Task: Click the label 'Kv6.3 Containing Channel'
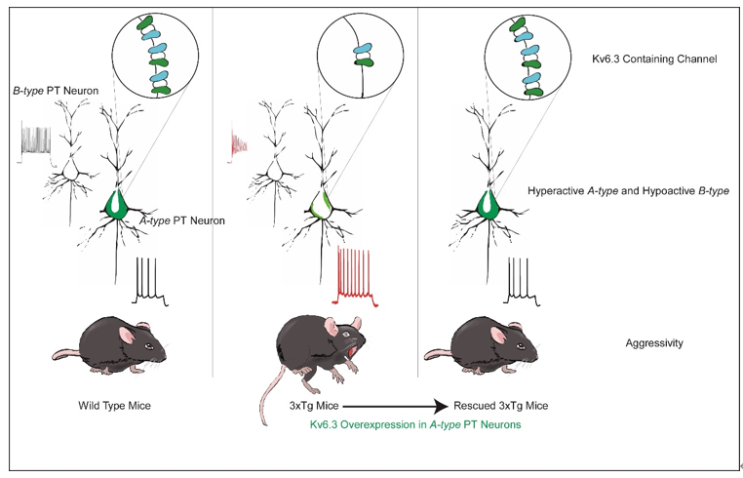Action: click(654, 60)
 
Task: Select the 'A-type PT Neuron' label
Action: click(182, 221)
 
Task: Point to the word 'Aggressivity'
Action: click(655, 343)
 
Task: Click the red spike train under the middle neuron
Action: click(364, 274)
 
